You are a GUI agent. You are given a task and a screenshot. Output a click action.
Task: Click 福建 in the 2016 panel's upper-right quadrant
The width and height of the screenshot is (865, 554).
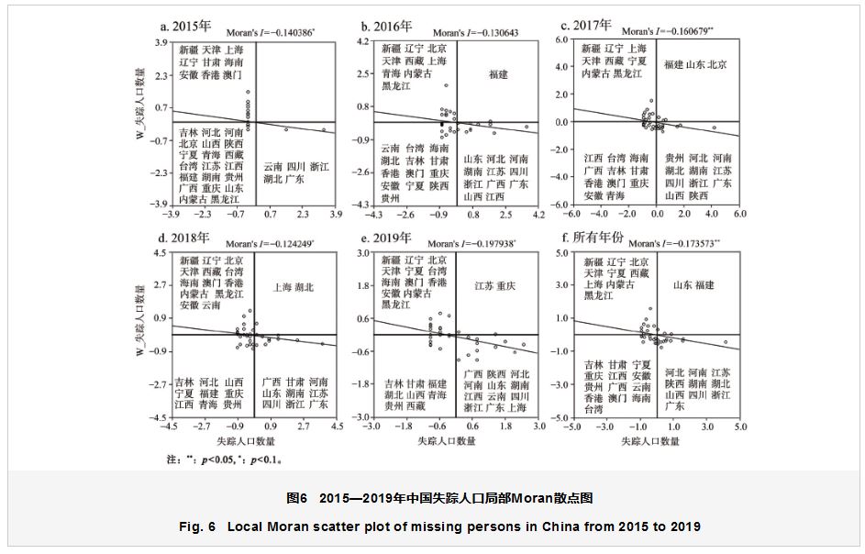pos(498,73)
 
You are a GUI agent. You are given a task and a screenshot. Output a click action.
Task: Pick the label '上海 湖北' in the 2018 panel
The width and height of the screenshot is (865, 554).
pos(294,287)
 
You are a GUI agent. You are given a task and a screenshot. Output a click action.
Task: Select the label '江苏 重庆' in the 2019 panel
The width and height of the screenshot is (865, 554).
pos(495,287)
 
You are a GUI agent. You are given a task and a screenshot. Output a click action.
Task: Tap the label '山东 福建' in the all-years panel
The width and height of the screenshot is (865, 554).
pos(693,285)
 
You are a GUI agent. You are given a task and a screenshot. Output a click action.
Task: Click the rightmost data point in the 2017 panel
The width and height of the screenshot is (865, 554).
pos(715,127)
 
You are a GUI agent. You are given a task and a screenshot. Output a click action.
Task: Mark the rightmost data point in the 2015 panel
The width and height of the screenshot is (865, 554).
pos(323,130)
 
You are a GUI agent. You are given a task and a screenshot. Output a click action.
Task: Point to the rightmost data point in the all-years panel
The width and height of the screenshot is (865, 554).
pos(725,342)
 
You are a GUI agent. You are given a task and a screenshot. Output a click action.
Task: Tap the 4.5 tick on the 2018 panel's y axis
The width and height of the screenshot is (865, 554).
pos(157,252)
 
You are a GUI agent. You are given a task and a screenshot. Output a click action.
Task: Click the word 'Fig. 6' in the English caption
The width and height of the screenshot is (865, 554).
pos(198,526)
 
